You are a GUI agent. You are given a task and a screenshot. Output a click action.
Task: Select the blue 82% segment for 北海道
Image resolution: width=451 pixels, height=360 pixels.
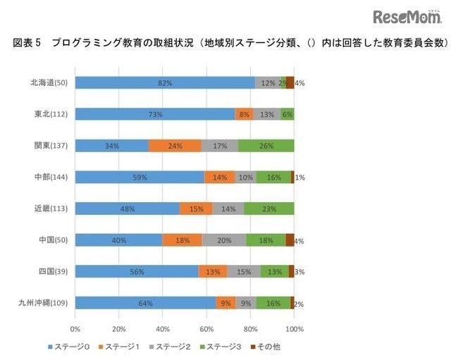165,82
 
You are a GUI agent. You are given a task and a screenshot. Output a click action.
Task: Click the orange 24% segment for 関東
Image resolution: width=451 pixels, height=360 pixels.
175,146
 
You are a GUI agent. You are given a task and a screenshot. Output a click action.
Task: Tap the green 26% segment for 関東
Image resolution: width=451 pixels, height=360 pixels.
266,146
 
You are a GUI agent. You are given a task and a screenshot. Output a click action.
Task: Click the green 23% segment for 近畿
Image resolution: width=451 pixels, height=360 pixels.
269,209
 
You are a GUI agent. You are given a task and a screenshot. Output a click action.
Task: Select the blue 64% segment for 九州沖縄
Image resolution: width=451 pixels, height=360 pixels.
145,303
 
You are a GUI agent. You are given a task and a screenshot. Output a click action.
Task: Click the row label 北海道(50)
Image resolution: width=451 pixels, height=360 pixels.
50,83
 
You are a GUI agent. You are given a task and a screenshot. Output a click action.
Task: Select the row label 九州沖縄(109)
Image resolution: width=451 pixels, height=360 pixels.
47,304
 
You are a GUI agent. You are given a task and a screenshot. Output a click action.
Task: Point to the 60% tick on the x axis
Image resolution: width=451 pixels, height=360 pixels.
206,328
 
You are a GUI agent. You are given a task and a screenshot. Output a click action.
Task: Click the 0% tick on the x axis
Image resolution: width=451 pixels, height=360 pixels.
75,328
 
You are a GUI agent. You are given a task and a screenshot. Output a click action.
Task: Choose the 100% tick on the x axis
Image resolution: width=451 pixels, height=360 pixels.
294,328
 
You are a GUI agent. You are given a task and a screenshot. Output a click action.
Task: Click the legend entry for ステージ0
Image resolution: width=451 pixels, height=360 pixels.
70,347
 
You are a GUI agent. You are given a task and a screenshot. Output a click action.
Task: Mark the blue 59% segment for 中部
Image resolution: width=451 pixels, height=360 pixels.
140,178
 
